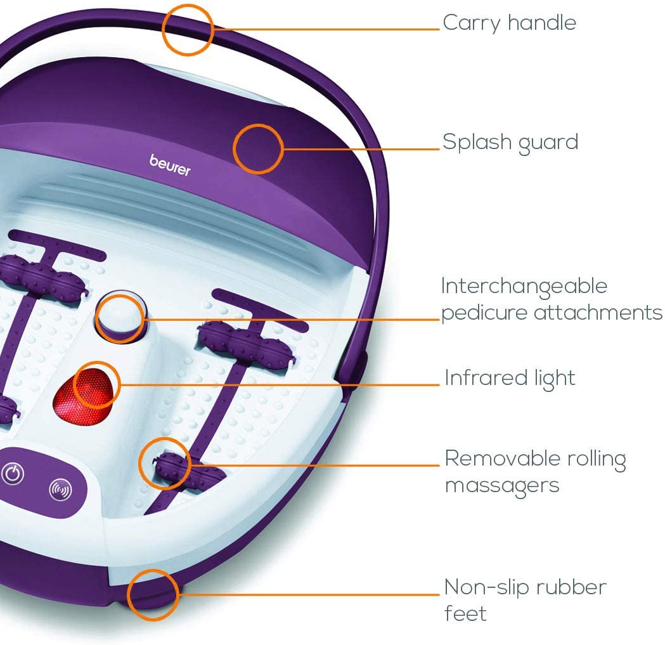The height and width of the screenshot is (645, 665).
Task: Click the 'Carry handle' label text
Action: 509,23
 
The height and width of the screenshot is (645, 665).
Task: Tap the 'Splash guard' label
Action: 510,141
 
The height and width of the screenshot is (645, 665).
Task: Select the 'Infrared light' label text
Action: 510,378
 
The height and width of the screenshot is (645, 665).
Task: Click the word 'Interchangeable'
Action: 524,286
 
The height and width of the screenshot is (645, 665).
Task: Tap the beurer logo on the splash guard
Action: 170,164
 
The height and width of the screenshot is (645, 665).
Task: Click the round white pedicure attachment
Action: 120,315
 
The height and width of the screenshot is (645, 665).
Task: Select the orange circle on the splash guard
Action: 257,148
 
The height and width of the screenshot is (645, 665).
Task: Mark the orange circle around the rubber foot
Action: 153,595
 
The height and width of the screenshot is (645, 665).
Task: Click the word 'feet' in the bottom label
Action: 465,614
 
